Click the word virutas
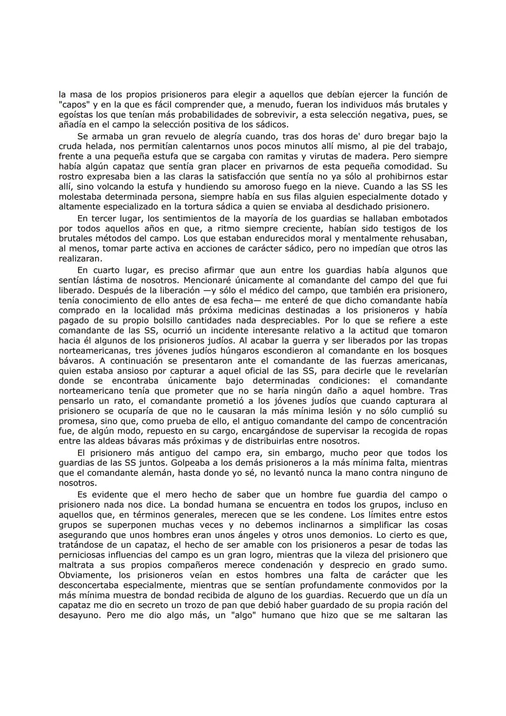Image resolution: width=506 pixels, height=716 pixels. (327, 156)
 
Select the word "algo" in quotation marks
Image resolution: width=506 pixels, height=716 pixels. (241, 615)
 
